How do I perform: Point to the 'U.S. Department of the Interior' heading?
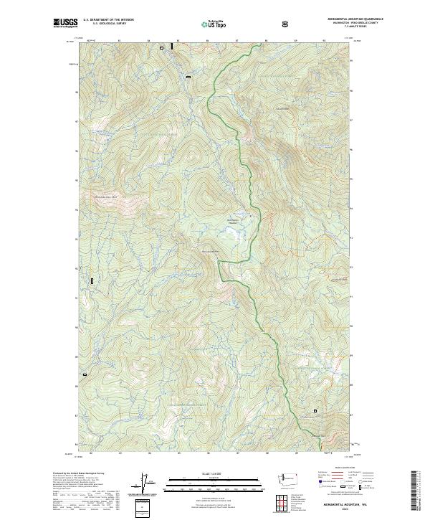coord(108,20)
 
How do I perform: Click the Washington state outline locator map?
coord(292,477)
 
